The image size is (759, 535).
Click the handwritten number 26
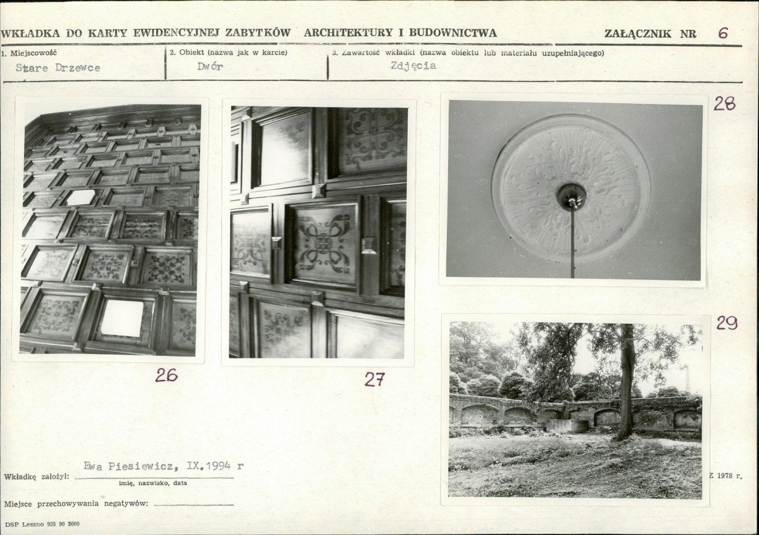(166, 375)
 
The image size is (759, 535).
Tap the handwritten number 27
(375, 379)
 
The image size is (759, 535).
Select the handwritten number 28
(725, 103)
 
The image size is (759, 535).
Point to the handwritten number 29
(727, 322)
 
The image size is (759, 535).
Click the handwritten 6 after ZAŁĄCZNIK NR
(723, 32)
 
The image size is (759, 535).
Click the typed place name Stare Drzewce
(58, 68)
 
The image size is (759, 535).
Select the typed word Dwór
(210, 66)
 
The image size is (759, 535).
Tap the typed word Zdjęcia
(413, 66)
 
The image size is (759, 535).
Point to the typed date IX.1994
(209, 466)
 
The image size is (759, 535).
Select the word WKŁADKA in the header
(30, 34)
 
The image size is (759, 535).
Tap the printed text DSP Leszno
(24, 524)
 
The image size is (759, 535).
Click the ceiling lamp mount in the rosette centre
(571, 194)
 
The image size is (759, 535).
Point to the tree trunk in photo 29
(627, 382)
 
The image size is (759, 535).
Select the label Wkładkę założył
(37, 476)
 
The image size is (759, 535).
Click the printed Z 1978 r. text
(725, 475)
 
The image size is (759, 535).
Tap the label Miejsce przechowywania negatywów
(76, 503)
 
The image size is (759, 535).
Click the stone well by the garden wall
(567, 426)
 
